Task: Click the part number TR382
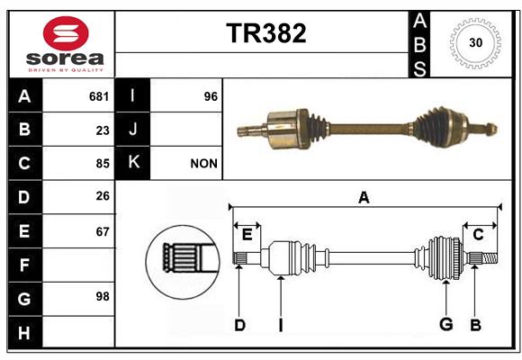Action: coord(266,33)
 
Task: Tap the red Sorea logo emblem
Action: coord(66,33)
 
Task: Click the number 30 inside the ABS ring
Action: coord(475,42)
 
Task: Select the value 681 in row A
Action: coord(99,96)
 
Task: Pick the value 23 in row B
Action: coord(103,130)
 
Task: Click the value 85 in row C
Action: coord(103,164)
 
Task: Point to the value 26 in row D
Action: coord(103,196)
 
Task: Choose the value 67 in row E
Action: coord(103,232)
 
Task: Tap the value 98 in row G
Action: coord(103,296)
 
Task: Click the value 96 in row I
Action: coord(211,96)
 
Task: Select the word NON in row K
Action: coord(203,164)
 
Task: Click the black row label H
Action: coord(25,332)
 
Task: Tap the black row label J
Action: coord(132,130)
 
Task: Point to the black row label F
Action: coord(25,265)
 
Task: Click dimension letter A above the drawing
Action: coord(364,198)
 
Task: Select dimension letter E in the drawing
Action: coord(247,235)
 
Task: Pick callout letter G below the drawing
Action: coord(446,324)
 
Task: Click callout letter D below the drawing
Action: coord(239,325)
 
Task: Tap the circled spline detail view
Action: coord(183,262)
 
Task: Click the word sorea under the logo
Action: coord(65,58)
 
